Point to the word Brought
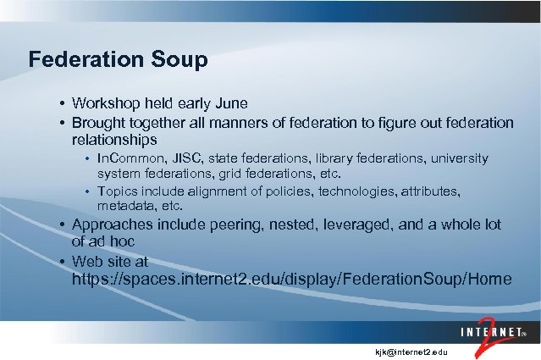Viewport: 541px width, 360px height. pyautogui.click(x=101, y=123)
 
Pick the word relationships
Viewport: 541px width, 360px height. pyautogui.click(x=114, y=139)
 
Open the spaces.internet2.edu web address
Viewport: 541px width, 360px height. pyautogui.click(x=293, y=279)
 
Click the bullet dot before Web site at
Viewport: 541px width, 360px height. pyautogui.click(x=63, y=261)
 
